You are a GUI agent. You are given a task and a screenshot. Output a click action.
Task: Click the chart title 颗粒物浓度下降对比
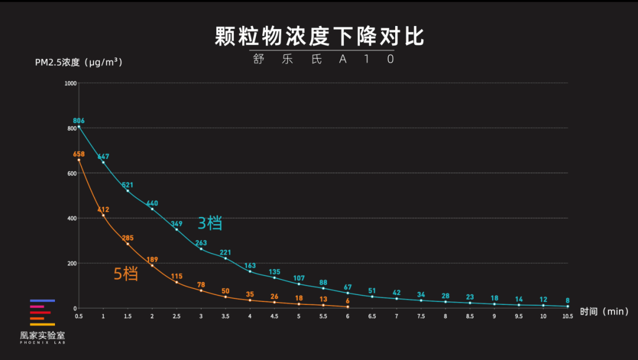(319, 36)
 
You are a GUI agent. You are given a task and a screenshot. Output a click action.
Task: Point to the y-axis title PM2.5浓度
(79, 62)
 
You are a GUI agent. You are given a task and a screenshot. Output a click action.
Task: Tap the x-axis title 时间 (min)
(604, 312)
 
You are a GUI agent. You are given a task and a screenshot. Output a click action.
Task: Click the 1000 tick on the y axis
(71, 83)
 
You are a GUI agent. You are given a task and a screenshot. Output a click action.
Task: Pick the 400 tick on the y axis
(72, 218)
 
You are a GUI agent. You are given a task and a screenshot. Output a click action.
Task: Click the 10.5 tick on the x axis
(568, 316)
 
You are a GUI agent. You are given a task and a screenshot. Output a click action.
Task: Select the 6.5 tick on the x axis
(372, 316)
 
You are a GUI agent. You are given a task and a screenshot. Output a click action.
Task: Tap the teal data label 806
(79, 121)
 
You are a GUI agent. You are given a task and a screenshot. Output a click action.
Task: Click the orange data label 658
(79, 154)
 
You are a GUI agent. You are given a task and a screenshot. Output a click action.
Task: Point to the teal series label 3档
(210, 223)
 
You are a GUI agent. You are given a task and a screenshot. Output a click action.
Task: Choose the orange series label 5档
(126, 274)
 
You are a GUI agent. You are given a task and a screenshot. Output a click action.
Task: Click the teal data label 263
(201, 242)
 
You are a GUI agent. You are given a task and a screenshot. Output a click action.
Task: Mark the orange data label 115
(177, 276)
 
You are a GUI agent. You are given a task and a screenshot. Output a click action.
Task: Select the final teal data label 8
(568, 300)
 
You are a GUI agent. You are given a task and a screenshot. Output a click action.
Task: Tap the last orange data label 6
(347, 300)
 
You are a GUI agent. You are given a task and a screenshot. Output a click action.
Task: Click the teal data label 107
(299, 278)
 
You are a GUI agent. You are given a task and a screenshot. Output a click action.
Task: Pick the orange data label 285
(128, 238)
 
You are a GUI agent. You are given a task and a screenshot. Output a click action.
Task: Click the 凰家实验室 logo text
(43, 335)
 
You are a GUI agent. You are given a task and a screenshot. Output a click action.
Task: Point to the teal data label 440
(152, 203)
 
